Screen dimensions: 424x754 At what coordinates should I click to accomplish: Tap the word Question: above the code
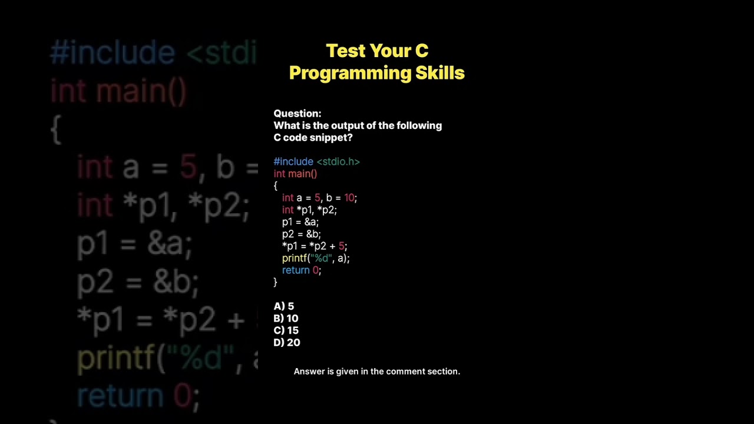click(x=297, y=114)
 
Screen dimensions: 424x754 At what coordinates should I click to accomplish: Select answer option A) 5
click(x=284, y=306)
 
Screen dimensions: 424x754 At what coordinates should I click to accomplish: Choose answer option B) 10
click(x=286, y=319)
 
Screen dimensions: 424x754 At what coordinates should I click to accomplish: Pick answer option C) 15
click(x=286, y=330)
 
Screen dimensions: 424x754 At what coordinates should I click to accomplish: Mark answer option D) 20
click(x=287, y=343)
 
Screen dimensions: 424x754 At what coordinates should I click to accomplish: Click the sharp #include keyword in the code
click(x=293, y=162)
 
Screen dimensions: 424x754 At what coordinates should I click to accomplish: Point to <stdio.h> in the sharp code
click(x=338, y=162)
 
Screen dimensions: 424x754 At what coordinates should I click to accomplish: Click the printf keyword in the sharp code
click(x=295, y=259)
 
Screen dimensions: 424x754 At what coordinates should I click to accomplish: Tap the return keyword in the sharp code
click(x=296, y=270)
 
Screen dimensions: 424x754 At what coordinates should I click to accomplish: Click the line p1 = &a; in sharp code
click(x=300, y=222)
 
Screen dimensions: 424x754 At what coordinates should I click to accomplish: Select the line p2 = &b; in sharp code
click(x=302, y=234)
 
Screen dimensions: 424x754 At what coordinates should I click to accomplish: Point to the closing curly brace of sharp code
click(x=275, y=283)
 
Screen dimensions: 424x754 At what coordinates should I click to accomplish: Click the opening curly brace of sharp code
click(x=275, y=186)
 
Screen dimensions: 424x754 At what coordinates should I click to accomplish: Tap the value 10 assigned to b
click(x=349, y=198)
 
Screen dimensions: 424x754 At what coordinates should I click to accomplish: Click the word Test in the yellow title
click(x=346, y=51)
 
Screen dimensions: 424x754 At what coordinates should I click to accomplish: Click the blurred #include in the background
click(x=113, y=53)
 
